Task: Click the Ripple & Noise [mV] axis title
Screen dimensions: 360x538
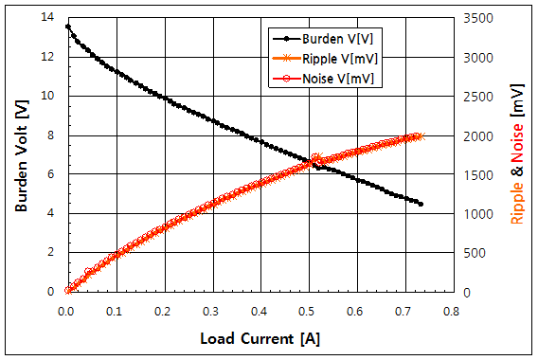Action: click(517, 156)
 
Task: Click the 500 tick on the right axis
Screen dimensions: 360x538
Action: click(473, 253)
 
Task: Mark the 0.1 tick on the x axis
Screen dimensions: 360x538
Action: click(114, 309)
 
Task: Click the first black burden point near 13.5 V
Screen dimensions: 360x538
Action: click(67, 27)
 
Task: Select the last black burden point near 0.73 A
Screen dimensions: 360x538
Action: click(421, 204)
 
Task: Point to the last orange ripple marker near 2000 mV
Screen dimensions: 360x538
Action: click(421, 135)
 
